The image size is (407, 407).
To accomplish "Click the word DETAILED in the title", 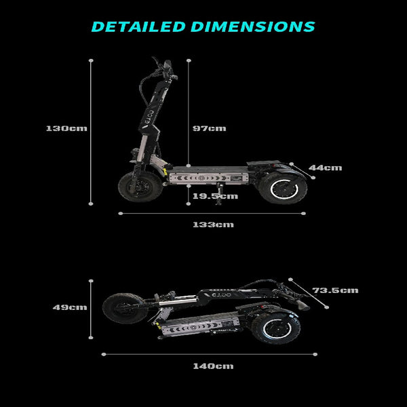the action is click(x=138, y=26).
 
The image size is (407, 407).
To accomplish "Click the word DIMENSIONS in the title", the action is click(x=253, y=26).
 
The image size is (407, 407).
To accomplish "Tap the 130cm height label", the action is click(x=66, y=128).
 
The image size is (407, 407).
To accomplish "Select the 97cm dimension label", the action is click(x=209, y=128).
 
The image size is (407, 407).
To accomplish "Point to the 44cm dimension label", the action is click(x=325, y=168).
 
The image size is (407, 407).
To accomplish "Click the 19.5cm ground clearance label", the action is click(x=215, y=196).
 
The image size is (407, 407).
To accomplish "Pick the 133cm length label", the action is click(x=213, y=225).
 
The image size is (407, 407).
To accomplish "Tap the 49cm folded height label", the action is click(x=70, y=307).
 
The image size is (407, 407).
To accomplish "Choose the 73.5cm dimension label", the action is click(x=335, y=290).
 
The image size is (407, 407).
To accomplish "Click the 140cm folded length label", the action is click(x=213, y=366).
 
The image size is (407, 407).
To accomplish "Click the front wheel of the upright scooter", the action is click(x=140, y=187).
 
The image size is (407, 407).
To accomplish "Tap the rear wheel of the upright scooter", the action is click(x=284, y=188).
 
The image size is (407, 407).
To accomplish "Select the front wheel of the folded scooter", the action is click(x=125, y=309).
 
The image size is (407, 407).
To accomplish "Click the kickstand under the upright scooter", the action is click(x=220, y=193).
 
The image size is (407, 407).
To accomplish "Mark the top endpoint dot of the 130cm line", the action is click(x=91, y=60).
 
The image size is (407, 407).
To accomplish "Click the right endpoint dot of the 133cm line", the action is click(x=303, y=214).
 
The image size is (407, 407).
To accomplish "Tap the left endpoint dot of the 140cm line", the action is click(x=104, y=354).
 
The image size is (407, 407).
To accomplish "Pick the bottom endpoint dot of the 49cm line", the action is click(x=91, y=338).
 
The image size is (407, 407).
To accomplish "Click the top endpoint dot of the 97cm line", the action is click(x=189, y=60).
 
